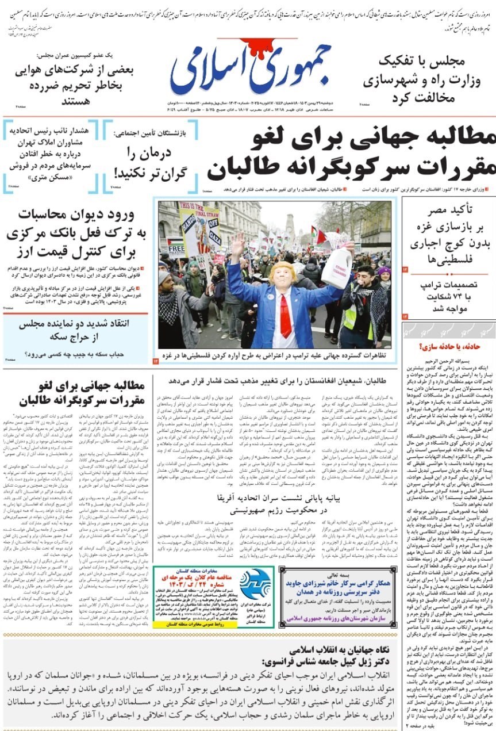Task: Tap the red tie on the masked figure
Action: (x=285, y=316)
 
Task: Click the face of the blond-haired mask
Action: (x=283, y=279)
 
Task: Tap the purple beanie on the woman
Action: (x=383, y=270)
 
